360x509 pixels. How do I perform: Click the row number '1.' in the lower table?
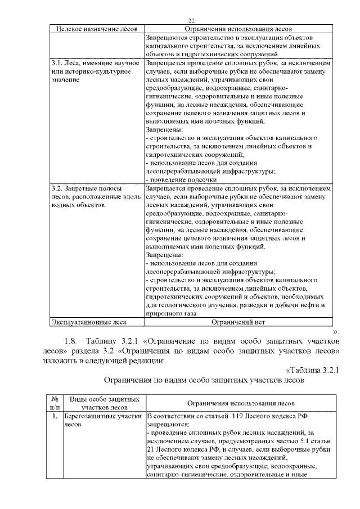pyautogui.click(x=55, y=417)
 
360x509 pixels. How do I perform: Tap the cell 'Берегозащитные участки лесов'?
pyautogui.click(x=101, y=420)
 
